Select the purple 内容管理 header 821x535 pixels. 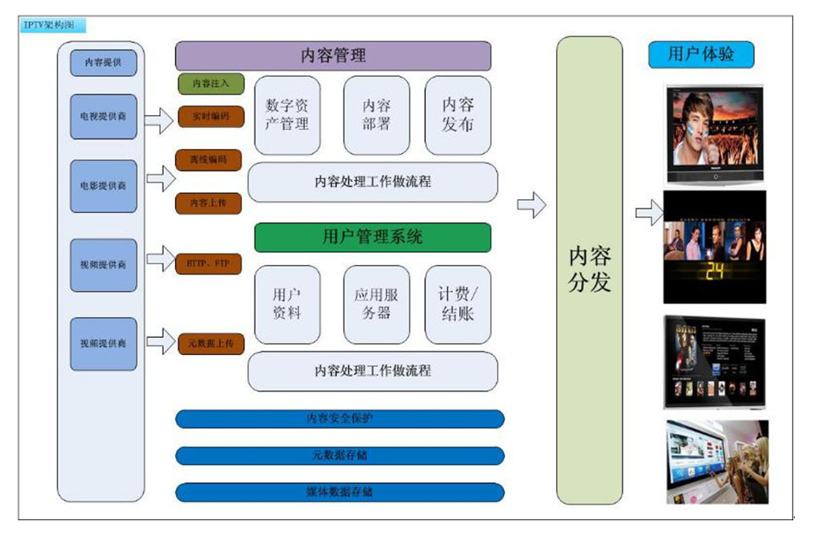(x=333, y=56)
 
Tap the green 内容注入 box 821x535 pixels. (x=211, y=84)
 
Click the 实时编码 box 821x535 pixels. (x=210, y=115)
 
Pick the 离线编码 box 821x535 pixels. (x=209, y=160)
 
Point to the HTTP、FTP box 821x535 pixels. (x=209, y=262)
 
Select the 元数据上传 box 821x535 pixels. (x=211, y=344)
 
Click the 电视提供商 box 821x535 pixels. (x=104, y=116)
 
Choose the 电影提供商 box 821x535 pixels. (x=104, y=186)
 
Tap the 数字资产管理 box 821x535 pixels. (x=287, y=114)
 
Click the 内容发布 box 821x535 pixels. (x=458, y=114)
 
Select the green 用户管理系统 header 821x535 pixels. (x=372, y=237)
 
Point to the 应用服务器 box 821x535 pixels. (x=377, y=304)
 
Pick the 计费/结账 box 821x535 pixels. (x=458, y=304)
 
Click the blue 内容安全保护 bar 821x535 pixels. (x=339, y=419)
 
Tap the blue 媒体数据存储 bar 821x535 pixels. (x=339, y=493)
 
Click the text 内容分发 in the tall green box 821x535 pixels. (x=590, y=269)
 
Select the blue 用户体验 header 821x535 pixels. (x=701, y=55)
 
